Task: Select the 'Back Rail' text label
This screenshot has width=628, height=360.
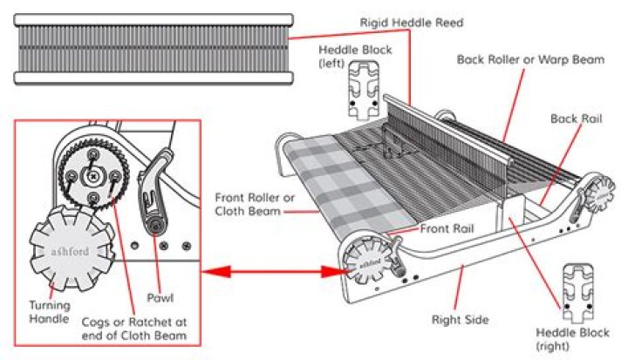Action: (577, 118)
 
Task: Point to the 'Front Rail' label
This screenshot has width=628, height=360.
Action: (448, 228)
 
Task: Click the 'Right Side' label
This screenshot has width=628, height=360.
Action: (459, 319)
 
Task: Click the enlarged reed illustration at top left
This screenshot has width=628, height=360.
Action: (154, 48)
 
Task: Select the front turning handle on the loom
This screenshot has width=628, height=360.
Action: (364, 260)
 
